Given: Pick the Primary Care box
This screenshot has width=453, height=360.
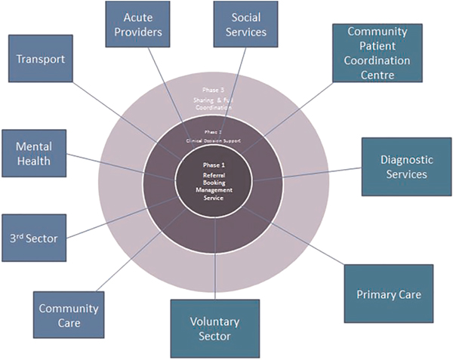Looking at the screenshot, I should coord(388,294).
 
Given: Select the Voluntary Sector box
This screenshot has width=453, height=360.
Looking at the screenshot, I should coord(214,328).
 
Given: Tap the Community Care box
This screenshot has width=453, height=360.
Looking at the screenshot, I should coord(69,315).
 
